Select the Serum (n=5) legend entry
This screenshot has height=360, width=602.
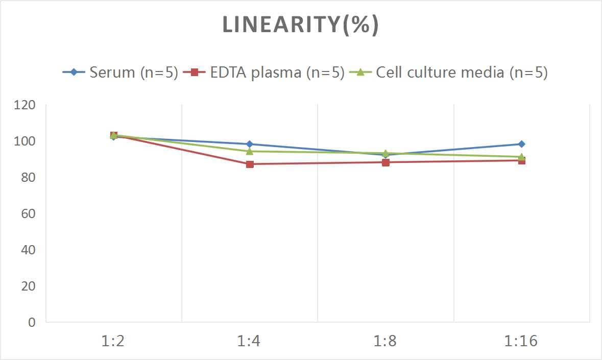point(121,73)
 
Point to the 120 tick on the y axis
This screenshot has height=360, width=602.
point(25,105)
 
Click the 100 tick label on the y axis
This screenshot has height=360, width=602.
point(25,141)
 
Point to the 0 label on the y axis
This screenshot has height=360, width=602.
point(32,322)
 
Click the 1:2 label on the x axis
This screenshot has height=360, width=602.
point(113,341)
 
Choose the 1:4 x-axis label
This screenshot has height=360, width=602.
point(249,341)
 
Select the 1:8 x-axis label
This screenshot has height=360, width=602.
point(386,341)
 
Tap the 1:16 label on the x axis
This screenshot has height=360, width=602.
point(521,341)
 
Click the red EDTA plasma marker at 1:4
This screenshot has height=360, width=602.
point(250,164)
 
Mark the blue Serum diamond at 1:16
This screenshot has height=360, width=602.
point(521,144)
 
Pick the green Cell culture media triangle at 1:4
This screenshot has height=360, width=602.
point(250,151)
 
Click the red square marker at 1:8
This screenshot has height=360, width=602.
point(386,162)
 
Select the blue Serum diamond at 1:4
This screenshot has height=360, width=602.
point(250,144)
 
